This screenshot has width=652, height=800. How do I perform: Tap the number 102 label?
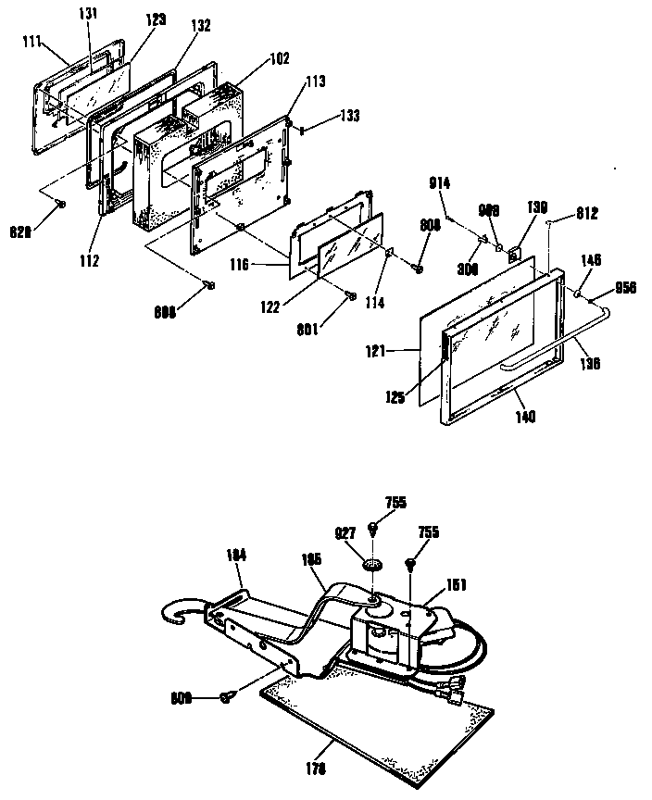(280, 58)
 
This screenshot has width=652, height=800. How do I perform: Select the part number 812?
(587, 213)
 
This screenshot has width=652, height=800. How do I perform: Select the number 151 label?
(456, 584)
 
